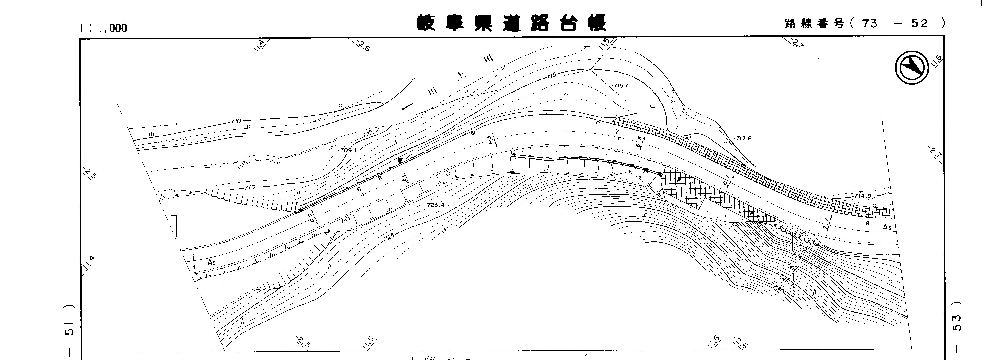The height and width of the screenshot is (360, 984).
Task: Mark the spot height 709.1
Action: click(348, 150)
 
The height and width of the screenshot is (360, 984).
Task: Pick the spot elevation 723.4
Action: click(436, 205)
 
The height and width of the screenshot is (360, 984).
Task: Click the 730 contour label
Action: click(778, 289)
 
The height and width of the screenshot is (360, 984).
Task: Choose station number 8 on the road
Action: click(867, 223)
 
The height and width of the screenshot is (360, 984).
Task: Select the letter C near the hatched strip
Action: click(598, 123)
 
